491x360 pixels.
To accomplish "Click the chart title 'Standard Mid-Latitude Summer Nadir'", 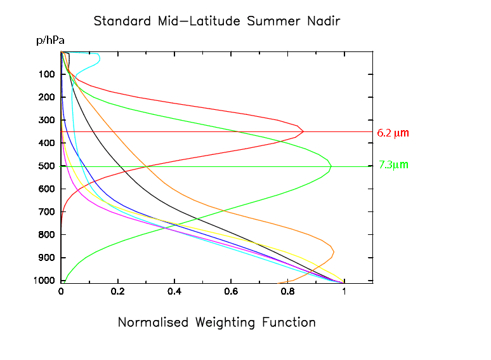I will pos(217,21).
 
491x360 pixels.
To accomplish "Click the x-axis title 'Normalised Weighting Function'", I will pos(217,323).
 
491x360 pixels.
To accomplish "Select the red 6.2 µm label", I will pos(393,133).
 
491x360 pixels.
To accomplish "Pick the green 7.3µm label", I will pos(393,165).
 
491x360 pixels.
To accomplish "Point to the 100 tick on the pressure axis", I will pos(45,75).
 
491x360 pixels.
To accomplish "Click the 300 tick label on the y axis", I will pos(45,121).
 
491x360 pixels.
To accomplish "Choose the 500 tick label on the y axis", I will pos(45,166).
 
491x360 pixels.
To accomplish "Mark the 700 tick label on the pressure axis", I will pos(45,212).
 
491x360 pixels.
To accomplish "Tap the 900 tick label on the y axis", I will pos(45,258).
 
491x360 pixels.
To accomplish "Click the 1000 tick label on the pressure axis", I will pos(43,281).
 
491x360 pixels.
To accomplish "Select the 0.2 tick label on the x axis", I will pos(117,292).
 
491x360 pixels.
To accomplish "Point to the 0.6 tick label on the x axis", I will pos(231,292).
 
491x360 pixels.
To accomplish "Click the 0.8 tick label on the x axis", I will pos(287,292).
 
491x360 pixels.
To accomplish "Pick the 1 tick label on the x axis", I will pos(344,292).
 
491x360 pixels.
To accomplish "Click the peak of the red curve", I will pos(303,131).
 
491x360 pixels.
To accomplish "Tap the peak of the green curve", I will pos(331,167).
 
